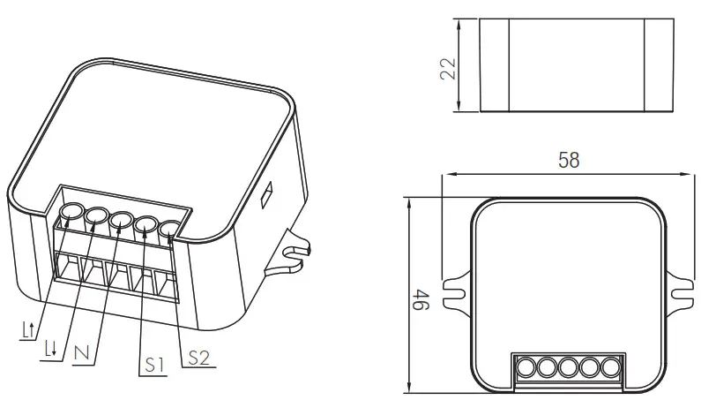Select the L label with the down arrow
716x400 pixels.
52,347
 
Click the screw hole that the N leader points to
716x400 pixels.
121,219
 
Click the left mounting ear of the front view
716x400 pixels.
457,289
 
